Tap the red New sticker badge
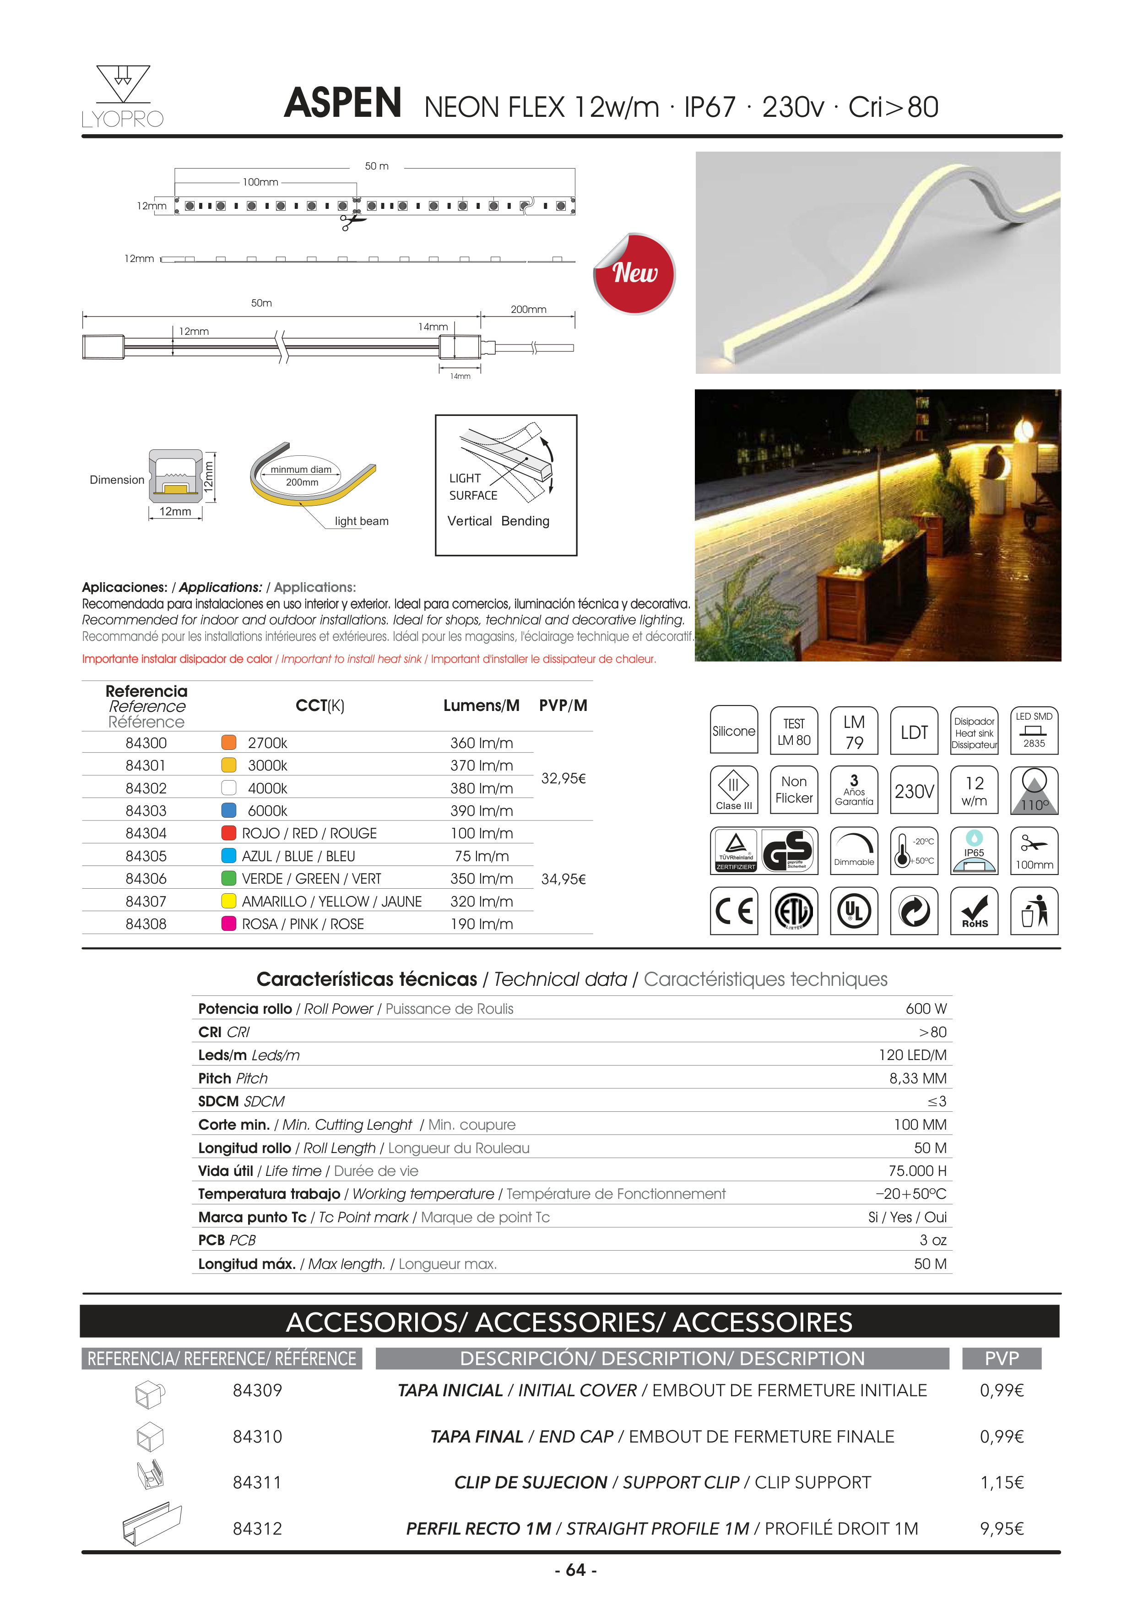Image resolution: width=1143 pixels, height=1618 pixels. [634, 273]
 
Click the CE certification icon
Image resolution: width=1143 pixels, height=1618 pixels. [734, 911]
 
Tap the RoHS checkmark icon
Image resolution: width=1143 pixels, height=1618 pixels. [974, 911]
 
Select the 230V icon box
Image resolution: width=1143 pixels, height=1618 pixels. [914, 791]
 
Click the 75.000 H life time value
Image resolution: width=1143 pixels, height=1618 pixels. [917, 1170]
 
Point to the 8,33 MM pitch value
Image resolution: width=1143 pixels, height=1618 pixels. [918, 1078]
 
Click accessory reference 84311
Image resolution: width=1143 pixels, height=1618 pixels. [257, 1483]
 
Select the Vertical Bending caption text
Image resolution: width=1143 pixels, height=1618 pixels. [498, 521]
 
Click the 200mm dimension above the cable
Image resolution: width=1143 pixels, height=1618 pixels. [528, 309]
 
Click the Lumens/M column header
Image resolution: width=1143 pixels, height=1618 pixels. [481, 705]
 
